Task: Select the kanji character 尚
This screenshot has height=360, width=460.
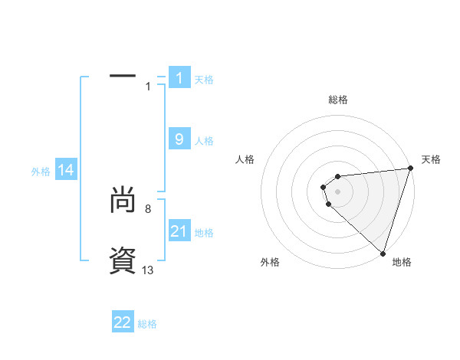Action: click(123, 201)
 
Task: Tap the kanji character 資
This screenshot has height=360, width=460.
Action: click(123, 262)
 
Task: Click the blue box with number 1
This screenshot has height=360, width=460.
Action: click(179, 78)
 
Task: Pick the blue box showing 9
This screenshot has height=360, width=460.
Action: click(179, 139)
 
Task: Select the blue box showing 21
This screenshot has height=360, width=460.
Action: click(179, 231)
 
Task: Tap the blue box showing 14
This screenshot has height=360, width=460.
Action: click(66, 170)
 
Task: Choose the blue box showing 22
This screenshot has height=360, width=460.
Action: click(123, 322)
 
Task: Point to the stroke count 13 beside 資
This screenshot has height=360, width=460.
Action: click(148, 270)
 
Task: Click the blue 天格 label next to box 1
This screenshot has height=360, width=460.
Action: click(204, 79)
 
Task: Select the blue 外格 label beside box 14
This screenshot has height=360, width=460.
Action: click(41, 172)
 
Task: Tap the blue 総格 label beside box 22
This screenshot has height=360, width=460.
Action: click(147, 324)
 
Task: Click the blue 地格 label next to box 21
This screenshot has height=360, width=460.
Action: click(204, 233)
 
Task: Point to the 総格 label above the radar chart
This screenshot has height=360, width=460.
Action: click(338, 100)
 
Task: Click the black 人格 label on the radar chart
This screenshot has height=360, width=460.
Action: click(245, 159)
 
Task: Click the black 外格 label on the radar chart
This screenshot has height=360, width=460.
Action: click(270, 262)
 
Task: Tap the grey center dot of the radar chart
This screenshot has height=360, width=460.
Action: click(338, 192)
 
